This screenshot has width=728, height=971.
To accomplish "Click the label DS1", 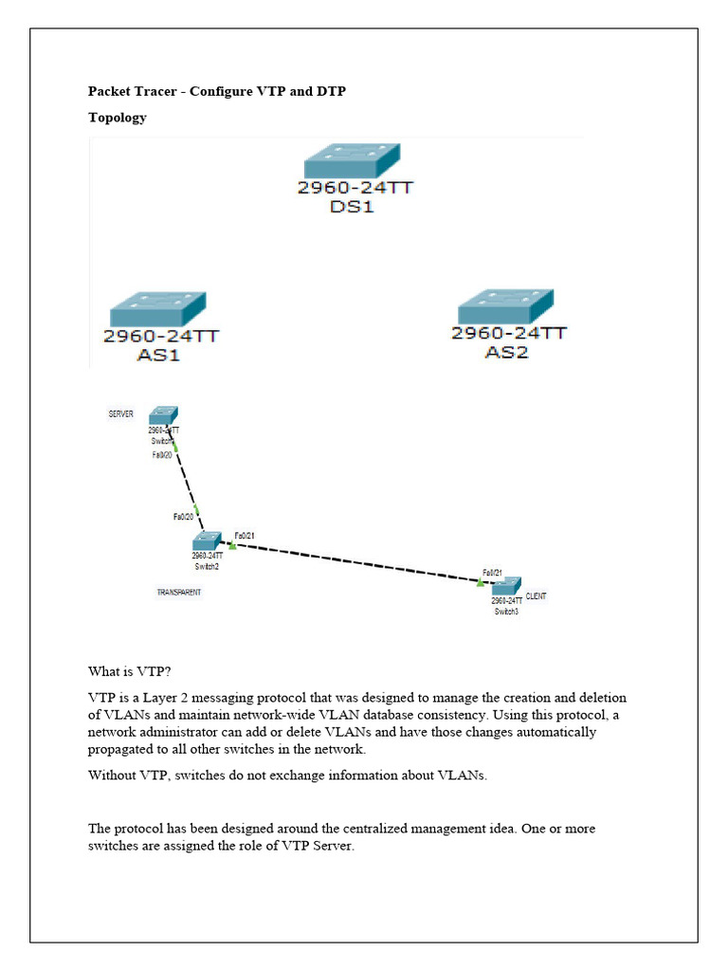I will (352, 206).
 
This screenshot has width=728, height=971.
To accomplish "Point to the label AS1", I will (157, 356).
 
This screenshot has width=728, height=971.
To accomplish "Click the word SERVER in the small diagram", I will (120, 414).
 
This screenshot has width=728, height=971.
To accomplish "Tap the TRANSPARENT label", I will (179, 593).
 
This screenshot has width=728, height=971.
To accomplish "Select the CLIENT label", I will (536, 595).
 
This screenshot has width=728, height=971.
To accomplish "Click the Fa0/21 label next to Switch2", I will (245, 535).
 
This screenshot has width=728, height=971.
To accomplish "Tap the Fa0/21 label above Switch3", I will (492, 573).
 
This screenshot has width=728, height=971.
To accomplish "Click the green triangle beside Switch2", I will (232, 545).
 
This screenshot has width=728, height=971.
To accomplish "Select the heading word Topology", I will (117, 118).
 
